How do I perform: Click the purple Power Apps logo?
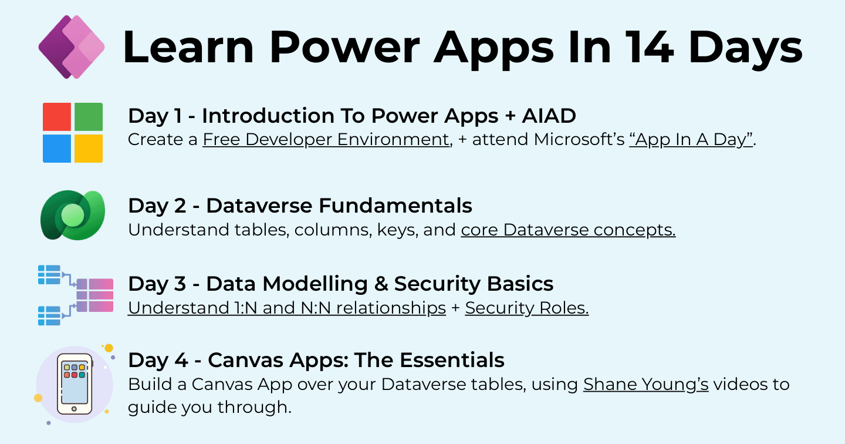coord(72,47)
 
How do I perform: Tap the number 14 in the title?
coord(649,47)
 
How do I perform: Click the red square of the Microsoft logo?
coord(56,117)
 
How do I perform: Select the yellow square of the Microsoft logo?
coord(89,149)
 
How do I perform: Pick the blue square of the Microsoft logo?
coord(56,149)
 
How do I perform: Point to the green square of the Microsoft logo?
coord(89,117)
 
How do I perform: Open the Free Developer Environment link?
coord(326,139)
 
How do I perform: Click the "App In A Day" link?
coord(691,139)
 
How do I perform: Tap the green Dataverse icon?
coord(73,215)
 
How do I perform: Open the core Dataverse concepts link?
coord(568,230)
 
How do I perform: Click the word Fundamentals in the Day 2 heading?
coord(396,206)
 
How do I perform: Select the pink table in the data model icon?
coord(94,295)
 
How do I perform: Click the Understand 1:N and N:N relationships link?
coord(287,308)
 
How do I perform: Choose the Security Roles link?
coord(526,308)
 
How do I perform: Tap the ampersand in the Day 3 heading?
coord(381,284)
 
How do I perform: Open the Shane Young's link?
coord(646,385)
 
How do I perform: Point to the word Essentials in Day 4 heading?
coord(452,360)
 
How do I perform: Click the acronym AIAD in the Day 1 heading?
coord(549,116)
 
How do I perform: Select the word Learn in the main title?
coord(188,47)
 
